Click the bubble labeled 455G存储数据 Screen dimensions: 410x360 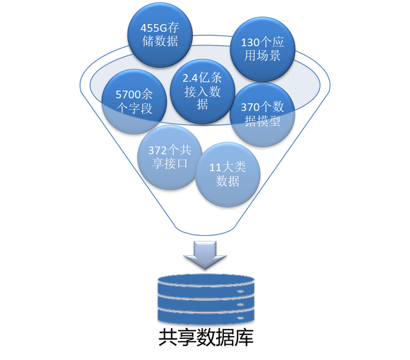tap(160, 35)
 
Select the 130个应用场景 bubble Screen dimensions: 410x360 tap(262, 49)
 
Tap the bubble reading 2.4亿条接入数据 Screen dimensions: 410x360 tap(203, 91)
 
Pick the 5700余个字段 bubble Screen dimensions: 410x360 tap(134, 101)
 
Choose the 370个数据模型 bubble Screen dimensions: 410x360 tap(262, 114)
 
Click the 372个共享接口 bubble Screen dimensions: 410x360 tap(170, 157)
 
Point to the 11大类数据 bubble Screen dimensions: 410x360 tap(228, 174)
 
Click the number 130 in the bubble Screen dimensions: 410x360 tap(250, 42)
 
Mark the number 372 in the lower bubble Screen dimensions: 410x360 tap(158, 151)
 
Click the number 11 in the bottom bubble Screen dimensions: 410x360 tap(215, 168)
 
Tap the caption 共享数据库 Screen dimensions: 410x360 tap(206, 338)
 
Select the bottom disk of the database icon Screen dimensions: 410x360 tap(206, 316)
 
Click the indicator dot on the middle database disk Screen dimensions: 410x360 tap(240, 305)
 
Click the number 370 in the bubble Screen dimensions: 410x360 tap(250, 107)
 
